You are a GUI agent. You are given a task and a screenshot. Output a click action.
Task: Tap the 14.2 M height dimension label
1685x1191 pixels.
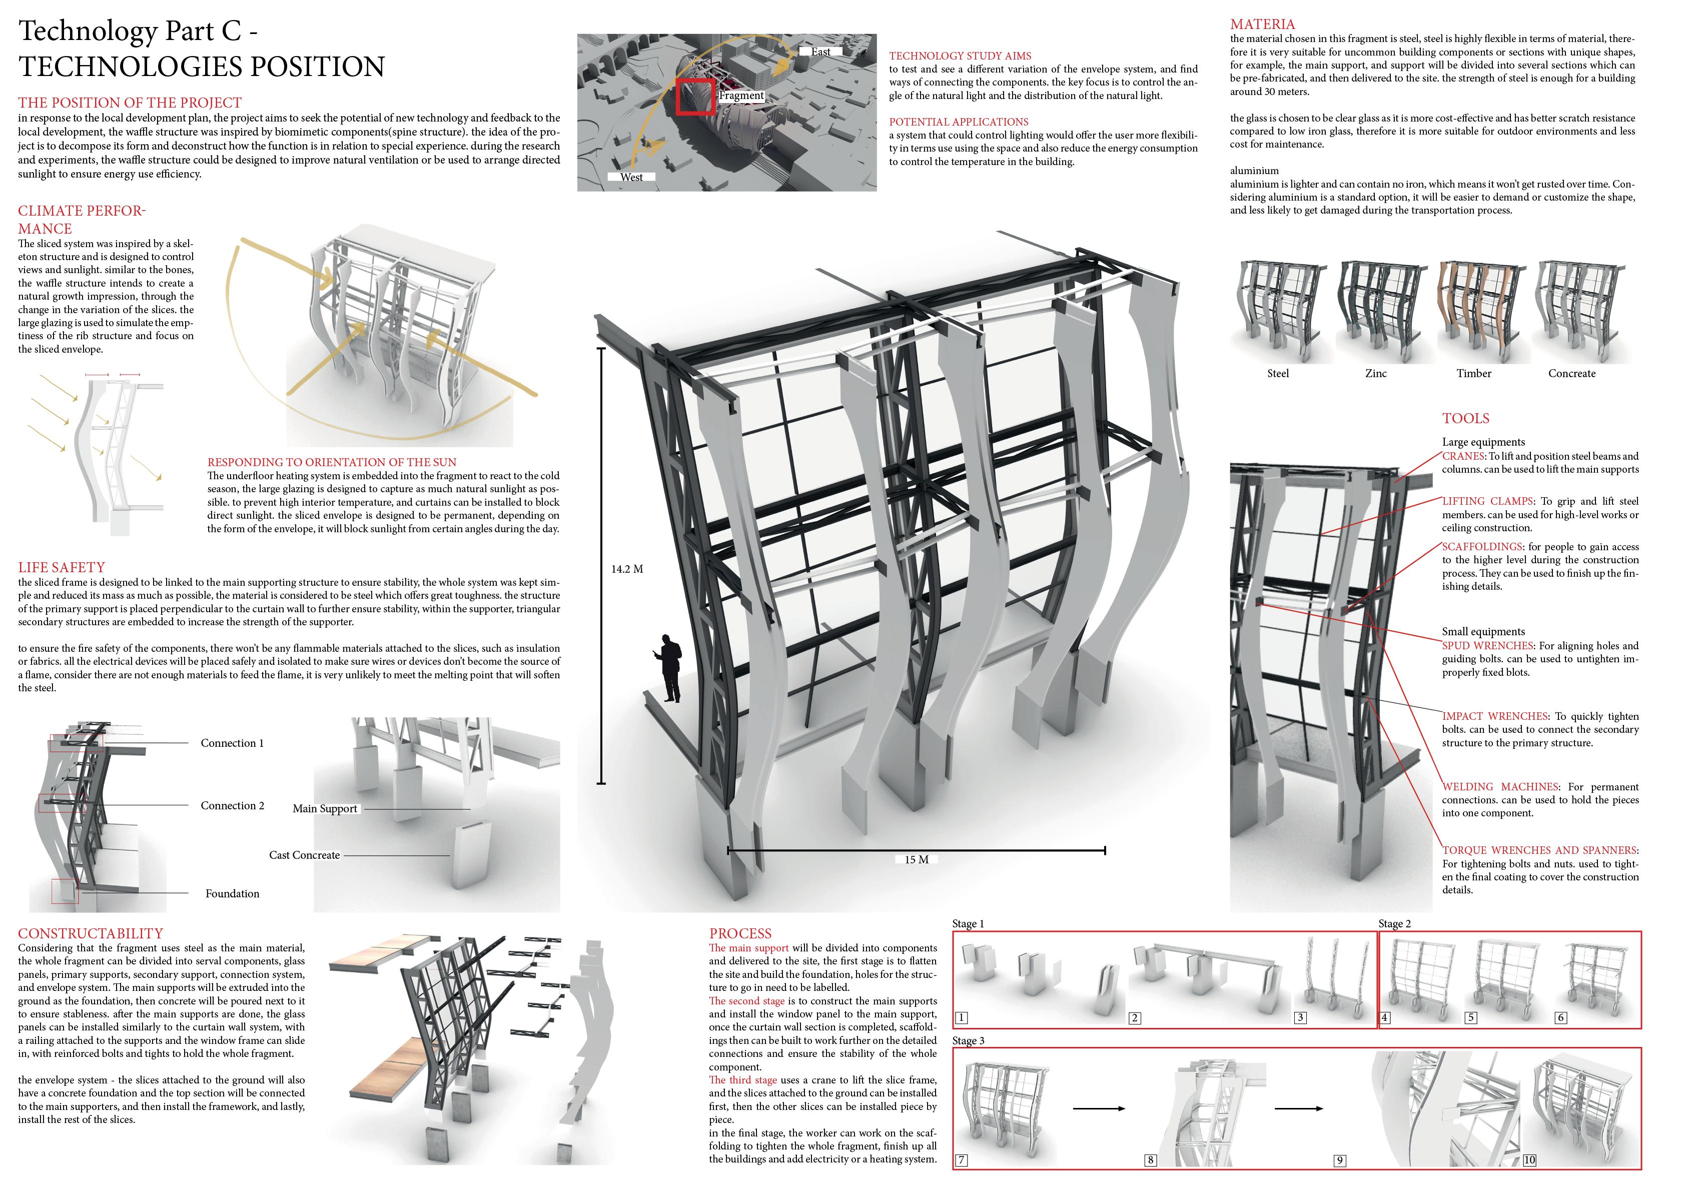(627, 569)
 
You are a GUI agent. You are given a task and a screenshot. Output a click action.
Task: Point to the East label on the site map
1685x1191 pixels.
(820, 52)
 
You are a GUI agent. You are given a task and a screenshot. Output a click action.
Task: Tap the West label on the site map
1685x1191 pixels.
(631, 177)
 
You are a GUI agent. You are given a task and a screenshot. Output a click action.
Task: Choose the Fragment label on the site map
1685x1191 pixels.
(741, 96)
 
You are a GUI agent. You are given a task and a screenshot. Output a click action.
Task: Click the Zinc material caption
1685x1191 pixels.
(1375, 374)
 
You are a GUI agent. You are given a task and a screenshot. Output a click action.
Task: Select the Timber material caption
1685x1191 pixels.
(1474, 374)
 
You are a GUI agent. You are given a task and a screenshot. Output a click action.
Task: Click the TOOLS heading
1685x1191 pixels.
(1465, 418)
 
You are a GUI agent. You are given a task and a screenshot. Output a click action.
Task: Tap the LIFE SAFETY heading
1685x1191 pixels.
(62, 567)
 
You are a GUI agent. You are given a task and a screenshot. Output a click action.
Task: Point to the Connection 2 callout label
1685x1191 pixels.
(233, 806)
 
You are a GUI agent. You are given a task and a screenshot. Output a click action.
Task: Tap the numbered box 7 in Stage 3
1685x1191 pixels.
(962, 1160)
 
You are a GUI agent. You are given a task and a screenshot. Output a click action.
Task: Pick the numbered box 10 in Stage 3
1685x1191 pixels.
(1529, 1160)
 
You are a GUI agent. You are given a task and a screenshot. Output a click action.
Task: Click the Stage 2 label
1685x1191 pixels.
(1394, 924)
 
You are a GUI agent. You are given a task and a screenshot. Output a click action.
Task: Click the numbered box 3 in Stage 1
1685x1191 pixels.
(1300, 1018)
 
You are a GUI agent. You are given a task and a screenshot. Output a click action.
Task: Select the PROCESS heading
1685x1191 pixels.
(740, 933)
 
